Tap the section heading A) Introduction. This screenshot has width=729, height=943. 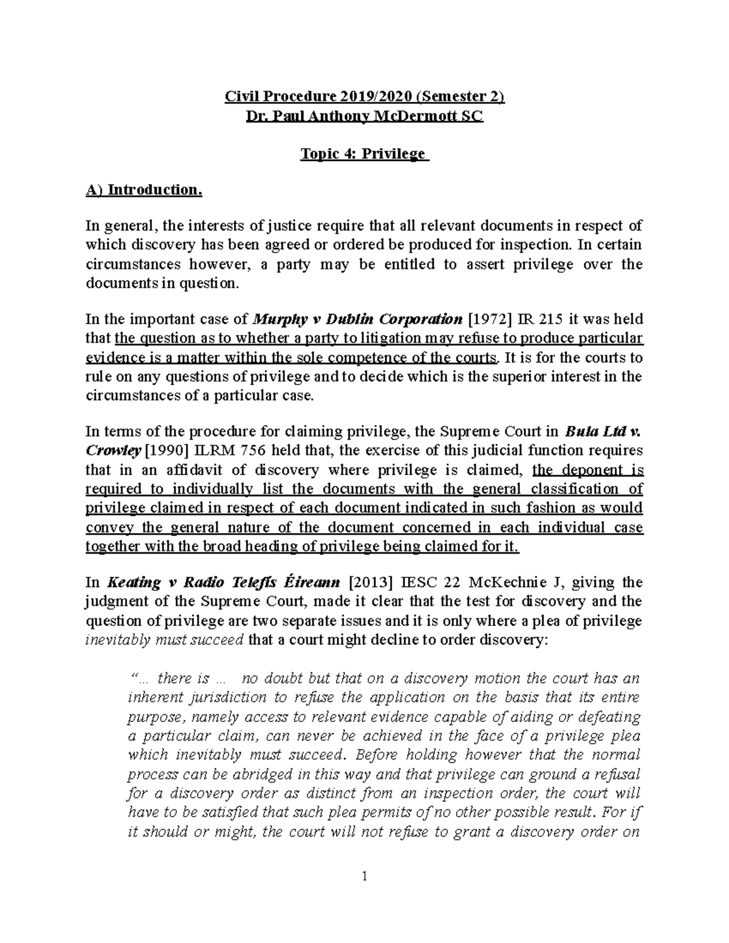[x=143, y=190]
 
